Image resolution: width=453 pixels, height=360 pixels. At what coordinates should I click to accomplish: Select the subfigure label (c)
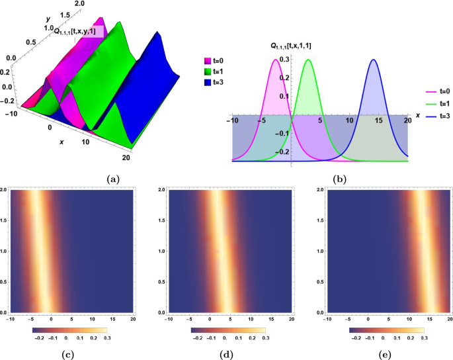[x=68, y=355]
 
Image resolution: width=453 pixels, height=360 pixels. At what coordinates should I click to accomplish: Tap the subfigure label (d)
[x=227, y=355]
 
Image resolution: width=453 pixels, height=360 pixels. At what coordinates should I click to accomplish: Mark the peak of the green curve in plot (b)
[x=308, y=60]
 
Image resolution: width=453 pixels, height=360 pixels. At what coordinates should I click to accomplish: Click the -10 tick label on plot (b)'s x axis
[x=233, y=121]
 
